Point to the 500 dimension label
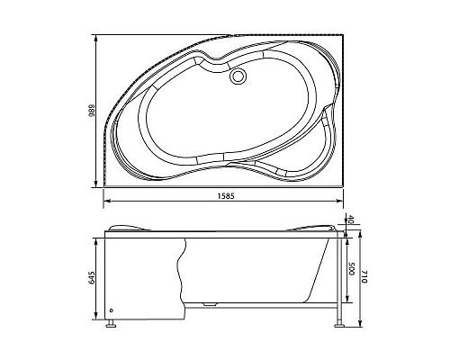[350, 271]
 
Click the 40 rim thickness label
[350, 220]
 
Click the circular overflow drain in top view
[239, 77]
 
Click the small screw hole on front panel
[112, 313]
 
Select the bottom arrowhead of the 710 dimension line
[360, 328]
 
